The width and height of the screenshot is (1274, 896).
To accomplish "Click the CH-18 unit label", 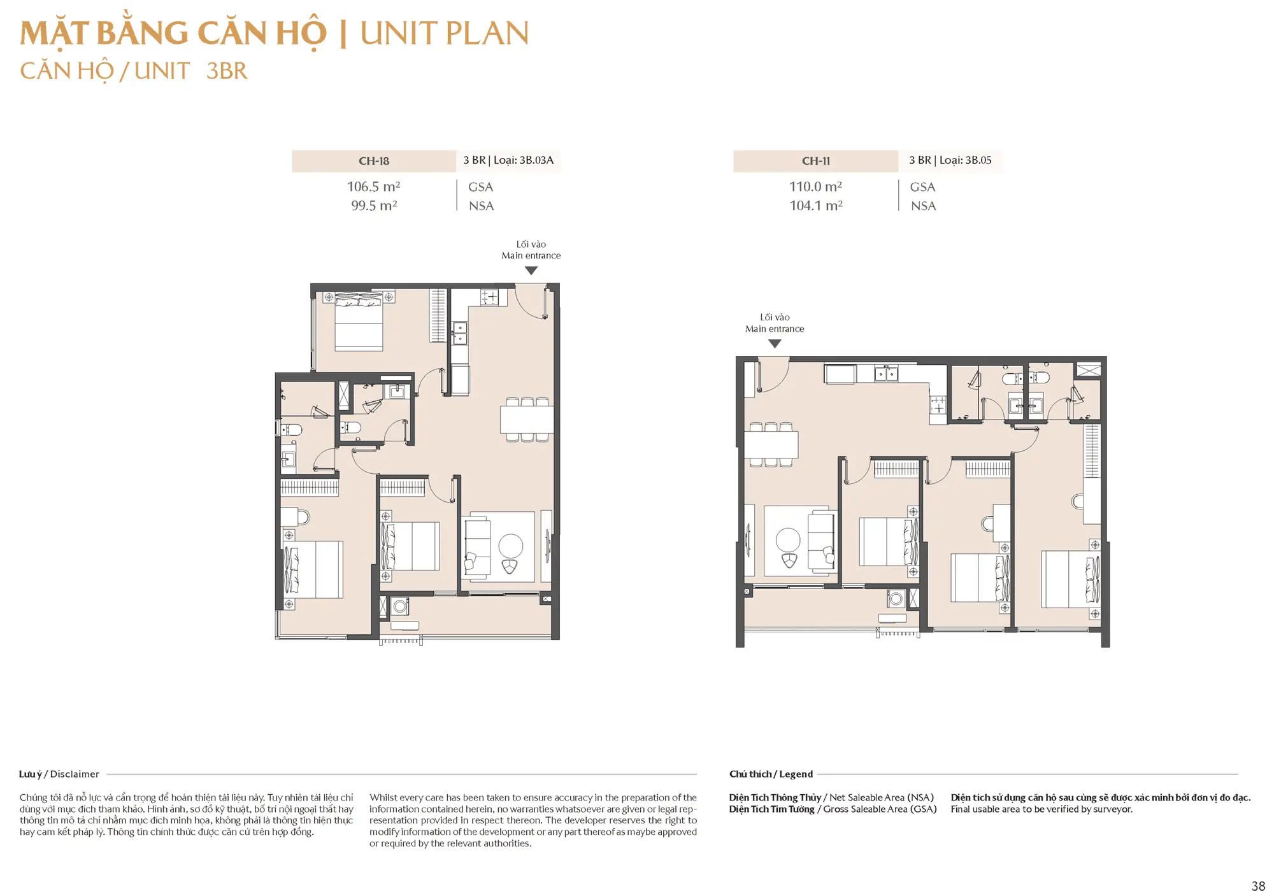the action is (374, 161).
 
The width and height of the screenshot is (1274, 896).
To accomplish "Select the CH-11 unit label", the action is (816, 161).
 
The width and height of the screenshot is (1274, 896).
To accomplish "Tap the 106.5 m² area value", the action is (374, 187).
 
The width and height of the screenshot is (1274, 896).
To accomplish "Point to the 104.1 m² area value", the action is (816, 206).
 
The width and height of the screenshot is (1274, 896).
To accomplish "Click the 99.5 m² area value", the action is (374, 206).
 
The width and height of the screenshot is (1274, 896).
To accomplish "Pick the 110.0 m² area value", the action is (816, 187).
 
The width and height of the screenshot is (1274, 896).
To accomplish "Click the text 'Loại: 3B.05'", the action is (966, 160).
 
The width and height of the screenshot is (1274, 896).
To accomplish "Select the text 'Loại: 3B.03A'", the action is (524, 160).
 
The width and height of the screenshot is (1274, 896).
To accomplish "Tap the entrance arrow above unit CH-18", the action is (531, 271).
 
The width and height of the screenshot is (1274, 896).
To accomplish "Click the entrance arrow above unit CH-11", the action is (775, 344).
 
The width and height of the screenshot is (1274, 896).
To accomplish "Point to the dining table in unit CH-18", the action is (527, 420).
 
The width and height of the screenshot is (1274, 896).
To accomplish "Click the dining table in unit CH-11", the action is (771, 444).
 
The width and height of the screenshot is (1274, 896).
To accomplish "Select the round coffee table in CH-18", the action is (511, 546).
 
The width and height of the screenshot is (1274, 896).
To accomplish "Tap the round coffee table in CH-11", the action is (788, 541).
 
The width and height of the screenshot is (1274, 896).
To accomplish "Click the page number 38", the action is (1258, 886).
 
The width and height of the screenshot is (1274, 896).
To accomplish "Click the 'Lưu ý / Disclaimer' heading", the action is (59, 774).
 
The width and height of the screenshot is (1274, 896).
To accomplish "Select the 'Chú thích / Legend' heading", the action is (771, 774).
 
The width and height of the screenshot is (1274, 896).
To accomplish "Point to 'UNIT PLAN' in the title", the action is (445, 34).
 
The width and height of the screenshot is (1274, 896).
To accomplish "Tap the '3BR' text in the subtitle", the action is (227, 71).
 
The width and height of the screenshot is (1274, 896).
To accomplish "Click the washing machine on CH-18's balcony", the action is (400, 606).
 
